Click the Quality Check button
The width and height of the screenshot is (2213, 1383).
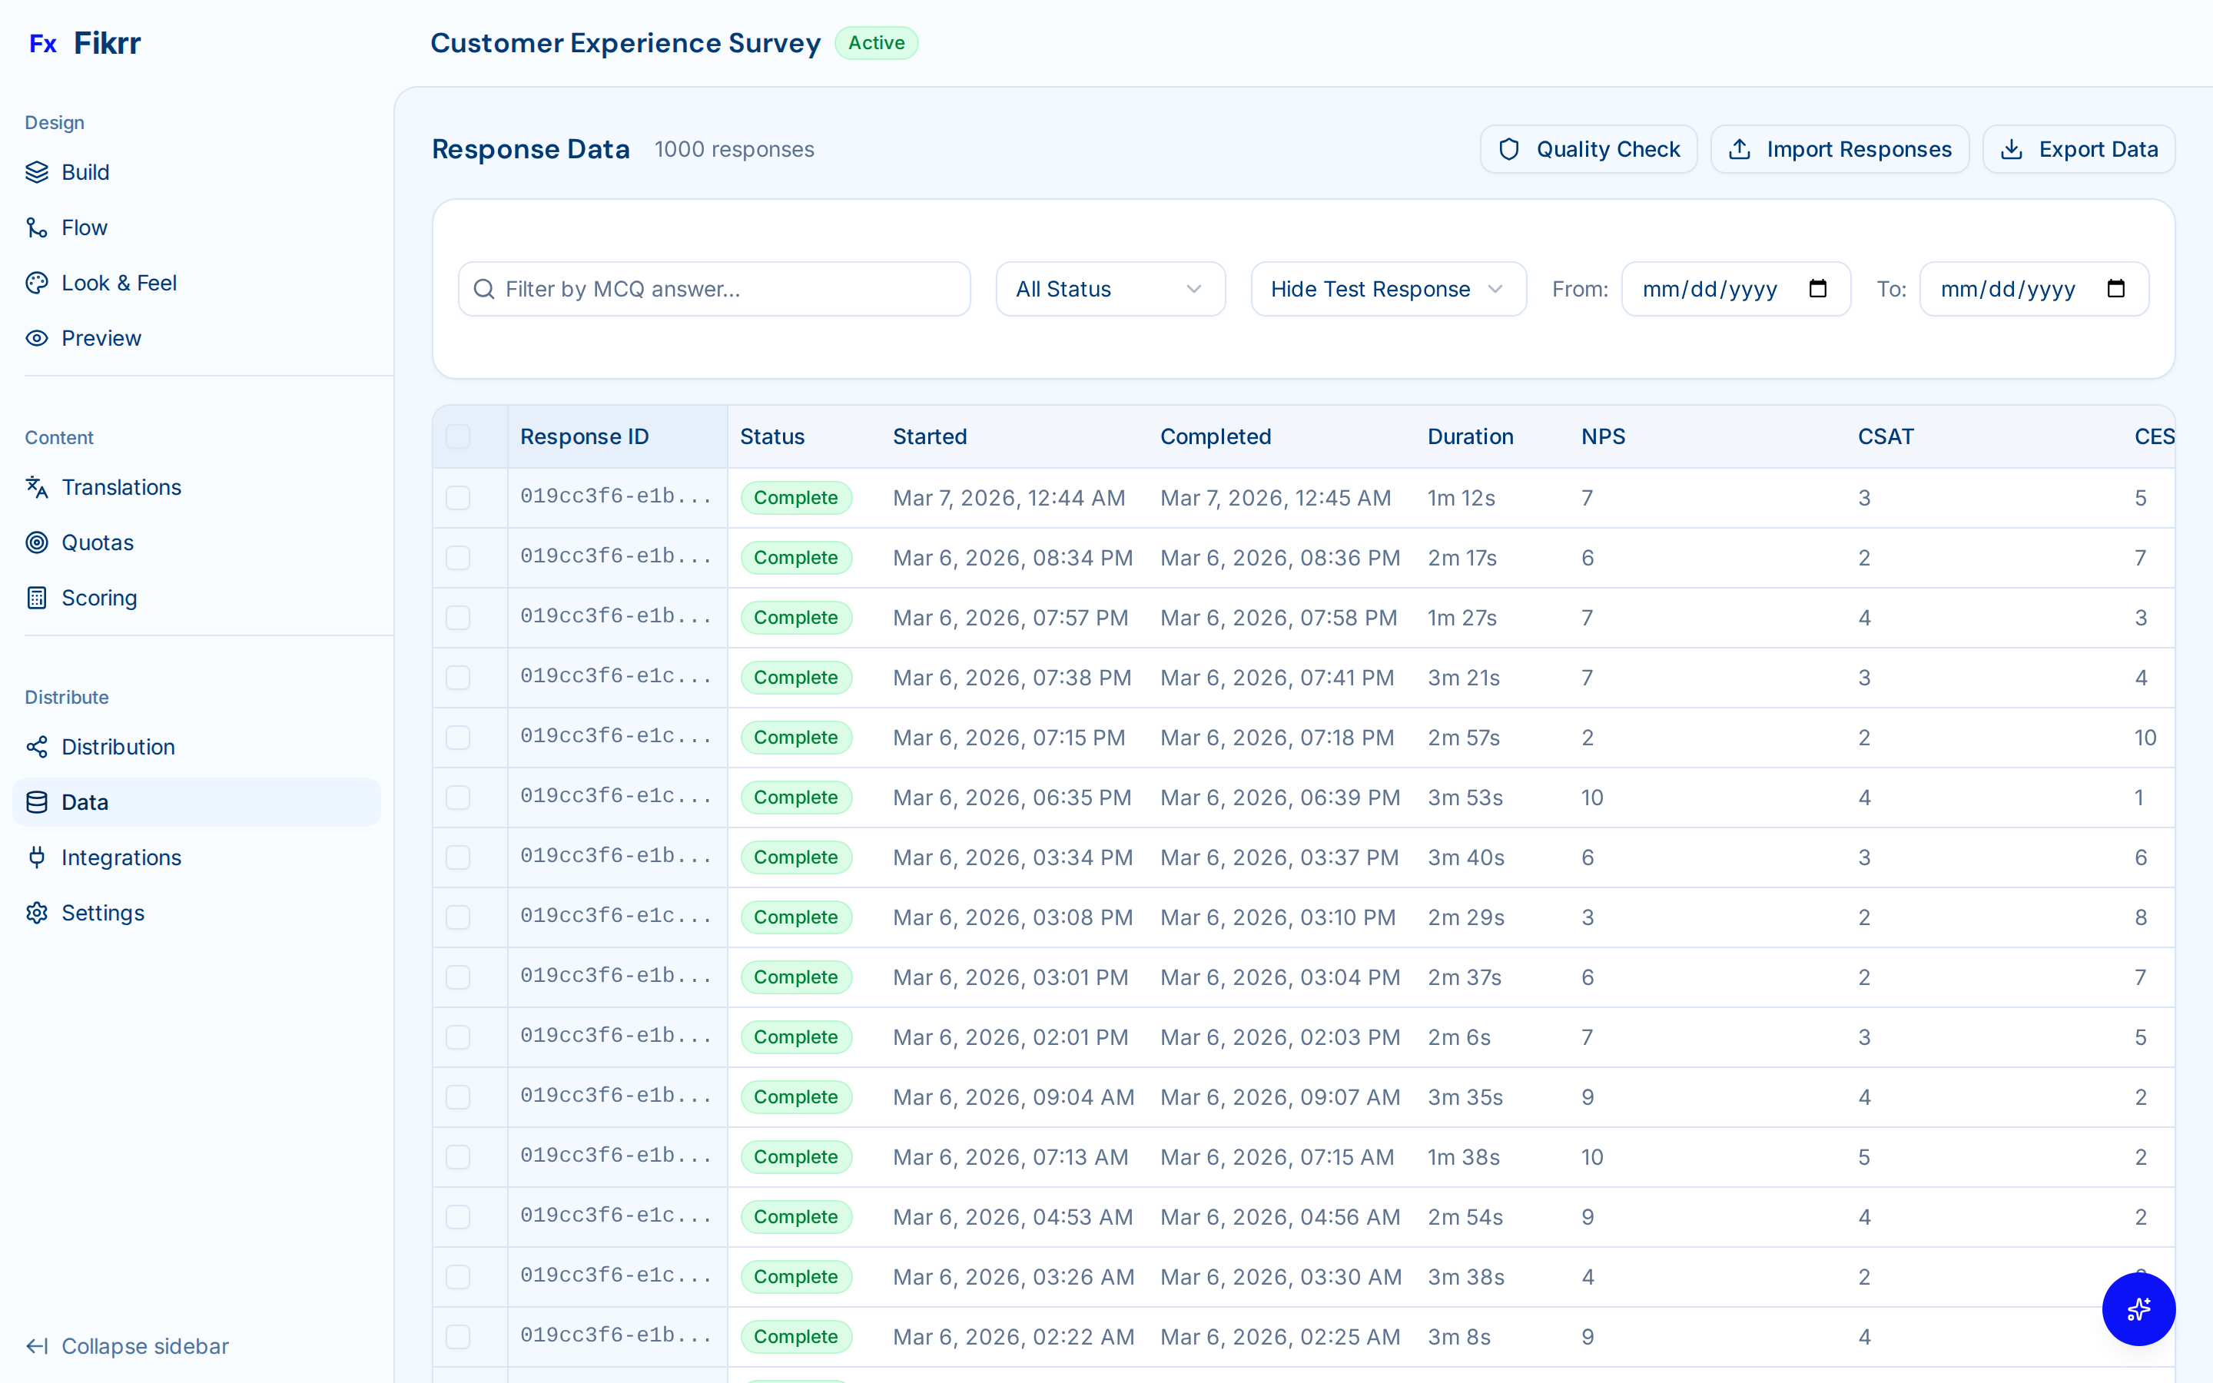point(1588,149)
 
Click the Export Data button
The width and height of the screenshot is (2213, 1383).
point(2079,149)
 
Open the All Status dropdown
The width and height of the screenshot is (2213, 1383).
point(1110,289)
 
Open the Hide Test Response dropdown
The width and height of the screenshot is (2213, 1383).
point(1387,289)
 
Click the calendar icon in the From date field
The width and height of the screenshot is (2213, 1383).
point(1818,289)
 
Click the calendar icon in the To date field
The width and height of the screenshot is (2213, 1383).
point(2116,289)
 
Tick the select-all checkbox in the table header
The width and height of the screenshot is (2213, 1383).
point(458,436)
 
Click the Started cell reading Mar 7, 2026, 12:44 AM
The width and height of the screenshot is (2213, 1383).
point(1009,499)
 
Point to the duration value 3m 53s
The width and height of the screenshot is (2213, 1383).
point(1465,798)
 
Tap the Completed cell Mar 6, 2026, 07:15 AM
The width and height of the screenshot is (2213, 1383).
point(1276,1157)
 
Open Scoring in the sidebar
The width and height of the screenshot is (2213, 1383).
point(99,599)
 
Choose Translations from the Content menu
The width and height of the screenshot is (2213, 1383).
point(121,488)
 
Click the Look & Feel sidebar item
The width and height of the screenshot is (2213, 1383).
point(119,284)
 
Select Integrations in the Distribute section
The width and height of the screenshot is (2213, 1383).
point(121,858)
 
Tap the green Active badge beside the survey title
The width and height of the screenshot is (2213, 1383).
point(876,43)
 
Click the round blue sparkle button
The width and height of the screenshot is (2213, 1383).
point(2138,1309)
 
